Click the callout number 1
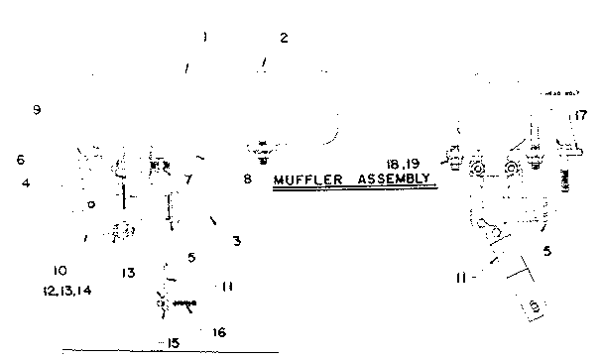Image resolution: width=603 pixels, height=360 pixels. click(203, 38)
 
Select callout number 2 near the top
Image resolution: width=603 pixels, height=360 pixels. click(284, 39)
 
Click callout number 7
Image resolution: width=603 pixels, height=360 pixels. click(187, 180)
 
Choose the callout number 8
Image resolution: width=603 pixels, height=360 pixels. click(247, 180)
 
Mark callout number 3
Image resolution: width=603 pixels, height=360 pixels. click(236, 241)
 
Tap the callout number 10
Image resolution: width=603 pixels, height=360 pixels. click(60, 270)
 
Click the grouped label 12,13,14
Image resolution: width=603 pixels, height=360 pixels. click(66, 292)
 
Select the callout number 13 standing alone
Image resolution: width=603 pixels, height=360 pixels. click(129, 273)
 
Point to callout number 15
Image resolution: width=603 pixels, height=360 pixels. click(173, 343)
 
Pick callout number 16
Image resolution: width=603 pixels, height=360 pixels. click(219, 332)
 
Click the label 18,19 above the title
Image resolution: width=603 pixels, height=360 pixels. click(405, 162)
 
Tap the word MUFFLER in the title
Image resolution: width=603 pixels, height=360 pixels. click(307, 181)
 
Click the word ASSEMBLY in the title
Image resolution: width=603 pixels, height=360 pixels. click(392, 181)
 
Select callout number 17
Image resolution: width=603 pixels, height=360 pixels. click(581, 117)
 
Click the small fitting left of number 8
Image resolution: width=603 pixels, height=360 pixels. click(263, 152)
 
